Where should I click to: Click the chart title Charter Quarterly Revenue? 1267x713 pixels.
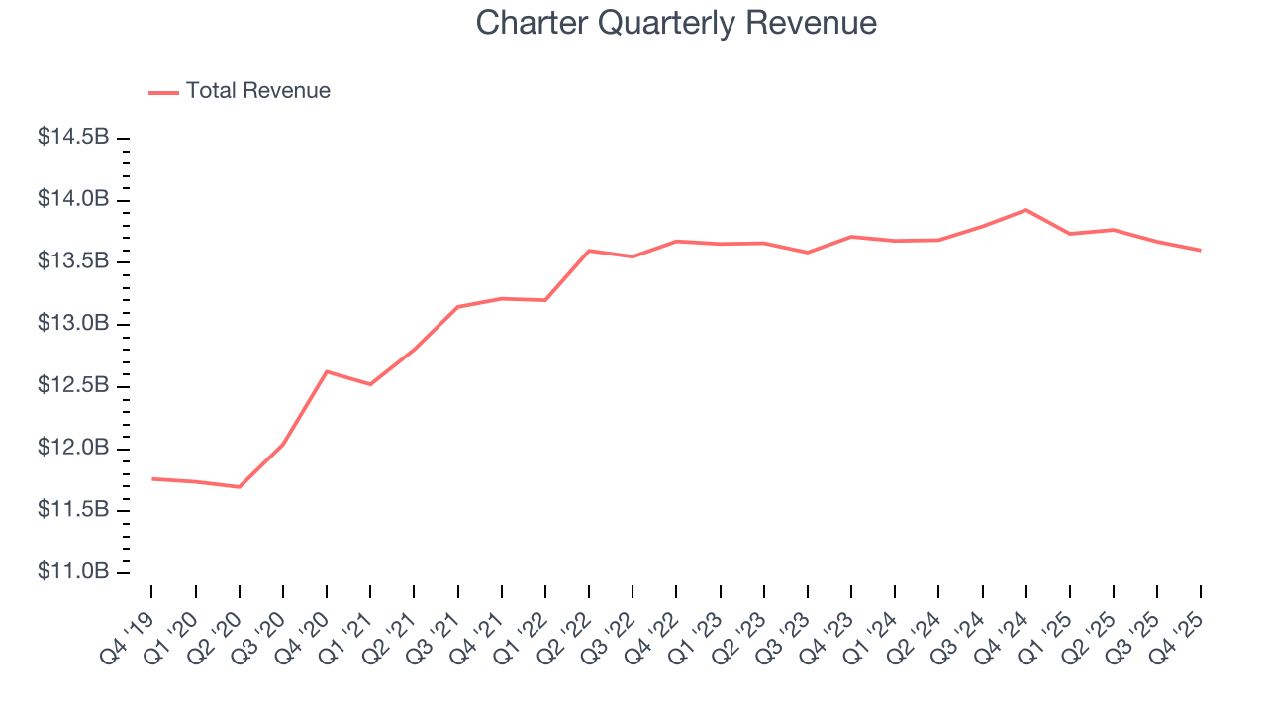pos(676,23)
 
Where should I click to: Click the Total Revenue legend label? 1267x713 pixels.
pos(257,91)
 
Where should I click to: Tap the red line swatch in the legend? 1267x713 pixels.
pos(163,92)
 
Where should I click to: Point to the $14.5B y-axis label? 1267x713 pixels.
pos(73,138)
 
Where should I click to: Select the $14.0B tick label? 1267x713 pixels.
pos(73,200)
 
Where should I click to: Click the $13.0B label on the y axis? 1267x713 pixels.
pos(73,324)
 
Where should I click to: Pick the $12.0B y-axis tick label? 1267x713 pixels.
pos(73,449)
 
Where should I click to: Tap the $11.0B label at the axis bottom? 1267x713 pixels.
pos(73,572)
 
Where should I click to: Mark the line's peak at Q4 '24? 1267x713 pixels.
pos(1025,210)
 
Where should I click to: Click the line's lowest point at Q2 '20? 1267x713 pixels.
pos(240,486)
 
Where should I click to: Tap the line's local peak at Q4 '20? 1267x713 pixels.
pos(327,371)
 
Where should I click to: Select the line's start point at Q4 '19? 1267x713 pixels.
pos(151,478)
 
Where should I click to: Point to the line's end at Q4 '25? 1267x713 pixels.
pos(1201,250)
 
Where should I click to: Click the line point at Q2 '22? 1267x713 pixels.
pos(589,251)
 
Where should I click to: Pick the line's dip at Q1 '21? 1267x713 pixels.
pos(370,384)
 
